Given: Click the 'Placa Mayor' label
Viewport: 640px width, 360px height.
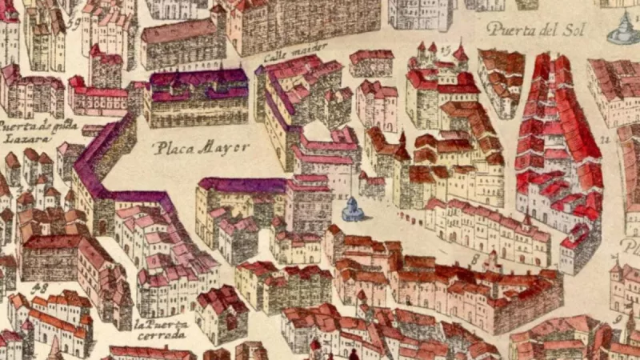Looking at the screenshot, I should (202, 147).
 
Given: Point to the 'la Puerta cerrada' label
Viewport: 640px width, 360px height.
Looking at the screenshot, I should (162, 330).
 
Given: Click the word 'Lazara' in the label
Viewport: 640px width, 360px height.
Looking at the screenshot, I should (19, 138).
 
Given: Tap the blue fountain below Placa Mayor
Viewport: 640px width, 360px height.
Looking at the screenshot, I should (351, 210).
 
